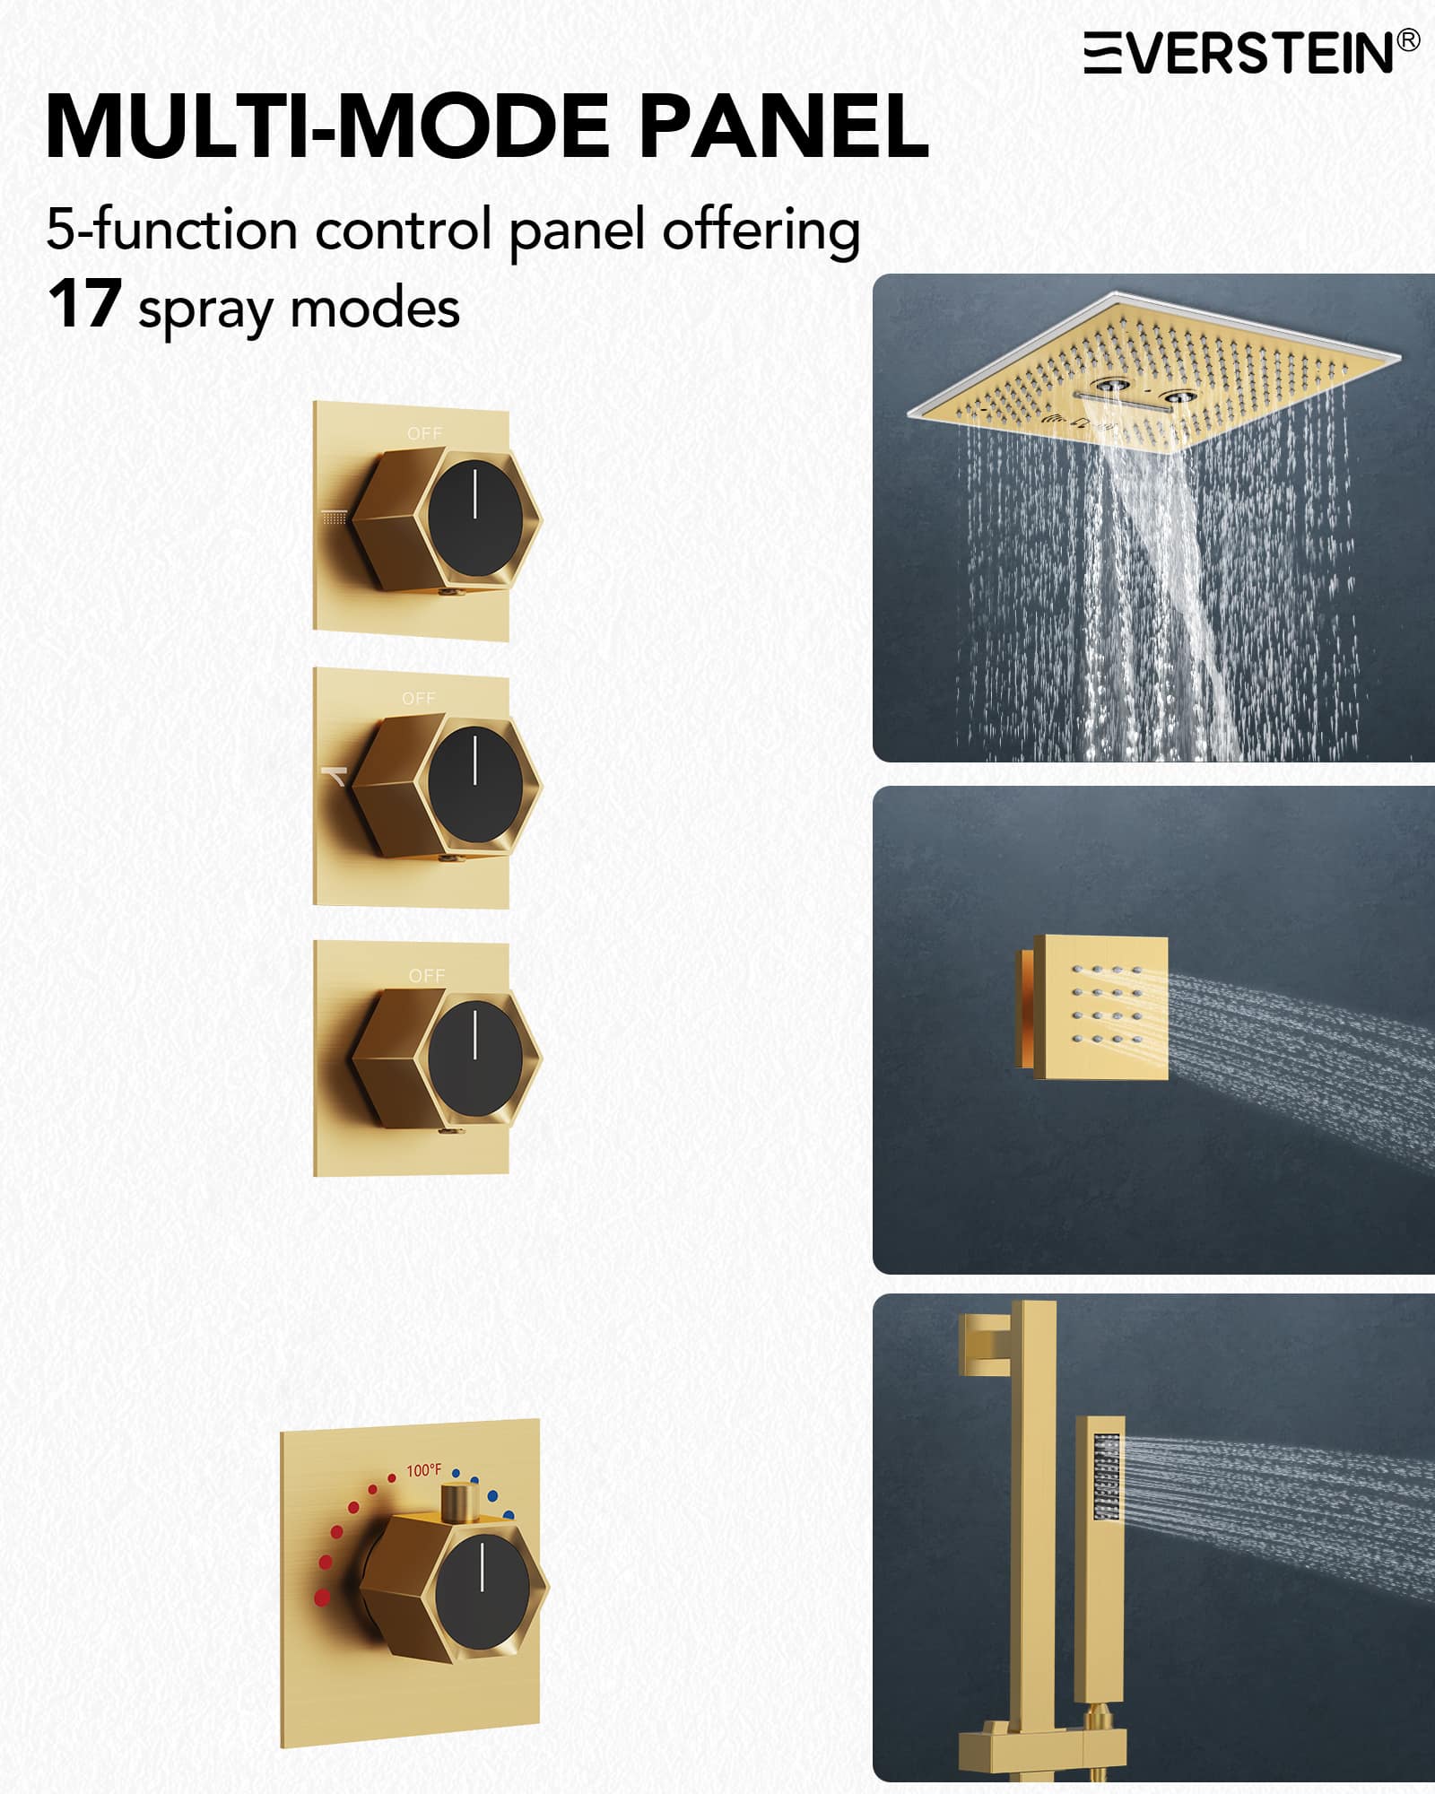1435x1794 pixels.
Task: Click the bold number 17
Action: point(84,305)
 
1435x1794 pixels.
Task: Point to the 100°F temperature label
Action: point(423,1470)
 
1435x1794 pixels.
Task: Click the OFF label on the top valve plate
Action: point(424,433)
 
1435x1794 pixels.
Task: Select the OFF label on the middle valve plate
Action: point(418,698)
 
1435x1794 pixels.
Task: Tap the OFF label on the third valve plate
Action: point(426,975)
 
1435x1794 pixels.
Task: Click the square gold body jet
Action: point(1091,1006)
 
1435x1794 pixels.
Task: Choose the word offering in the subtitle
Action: point(761,231)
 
